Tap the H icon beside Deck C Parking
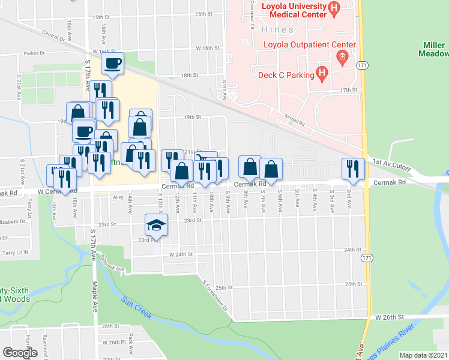[x=322, y=74]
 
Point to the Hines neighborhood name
[x=278, y=29]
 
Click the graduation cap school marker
[x=156, y=225]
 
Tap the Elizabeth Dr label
[x=11, y=221]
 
